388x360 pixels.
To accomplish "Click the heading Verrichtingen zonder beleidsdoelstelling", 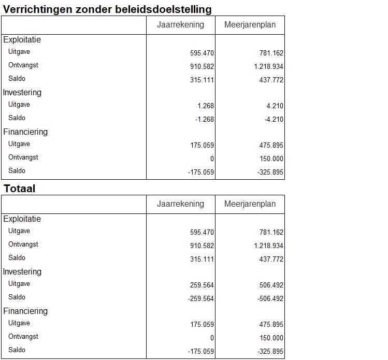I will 107,9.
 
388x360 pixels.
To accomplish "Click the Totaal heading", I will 20,189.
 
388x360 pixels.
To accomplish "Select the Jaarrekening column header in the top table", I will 180,25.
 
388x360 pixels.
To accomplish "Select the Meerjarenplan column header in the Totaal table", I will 250,204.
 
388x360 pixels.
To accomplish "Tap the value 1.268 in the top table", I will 206,106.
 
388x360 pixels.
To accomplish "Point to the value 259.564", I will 202,285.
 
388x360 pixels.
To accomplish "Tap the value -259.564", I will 201,298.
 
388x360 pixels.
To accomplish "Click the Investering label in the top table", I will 22,92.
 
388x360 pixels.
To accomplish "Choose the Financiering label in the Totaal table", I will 25,311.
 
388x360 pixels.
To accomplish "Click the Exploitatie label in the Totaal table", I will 22,219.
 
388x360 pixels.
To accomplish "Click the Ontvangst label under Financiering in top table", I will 23,157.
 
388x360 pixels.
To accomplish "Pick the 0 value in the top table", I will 212,159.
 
